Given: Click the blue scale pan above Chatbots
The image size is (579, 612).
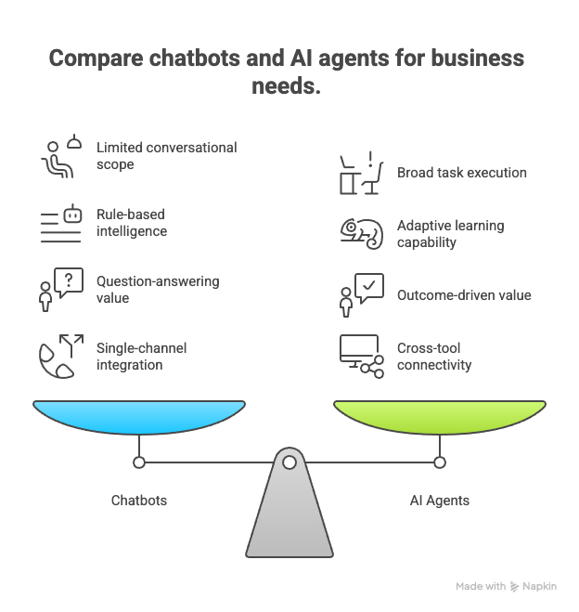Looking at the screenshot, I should click(139, 415).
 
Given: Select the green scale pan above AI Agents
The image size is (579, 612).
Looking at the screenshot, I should click(440, 415).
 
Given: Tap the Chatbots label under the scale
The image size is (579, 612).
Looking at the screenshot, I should click(139, 501).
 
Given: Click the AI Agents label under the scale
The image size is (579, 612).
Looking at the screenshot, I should click(440, 501).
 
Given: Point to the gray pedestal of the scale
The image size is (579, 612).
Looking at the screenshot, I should click(289, 520).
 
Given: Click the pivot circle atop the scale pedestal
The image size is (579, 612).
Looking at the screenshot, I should click(289, 462).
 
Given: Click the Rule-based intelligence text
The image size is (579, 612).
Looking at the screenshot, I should click(132, 223).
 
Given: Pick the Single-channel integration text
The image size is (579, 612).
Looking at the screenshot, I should click(142, 357).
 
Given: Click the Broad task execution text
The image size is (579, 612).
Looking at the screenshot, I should click(461, 173).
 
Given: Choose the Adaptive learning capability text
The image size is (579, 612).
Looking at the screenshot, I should click(449, 233).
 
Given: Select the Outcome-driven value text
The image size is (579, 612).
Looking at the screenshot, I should click(464, 295).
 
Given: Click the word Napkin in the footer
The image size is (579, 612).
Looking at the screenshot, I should click(539, 587).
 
